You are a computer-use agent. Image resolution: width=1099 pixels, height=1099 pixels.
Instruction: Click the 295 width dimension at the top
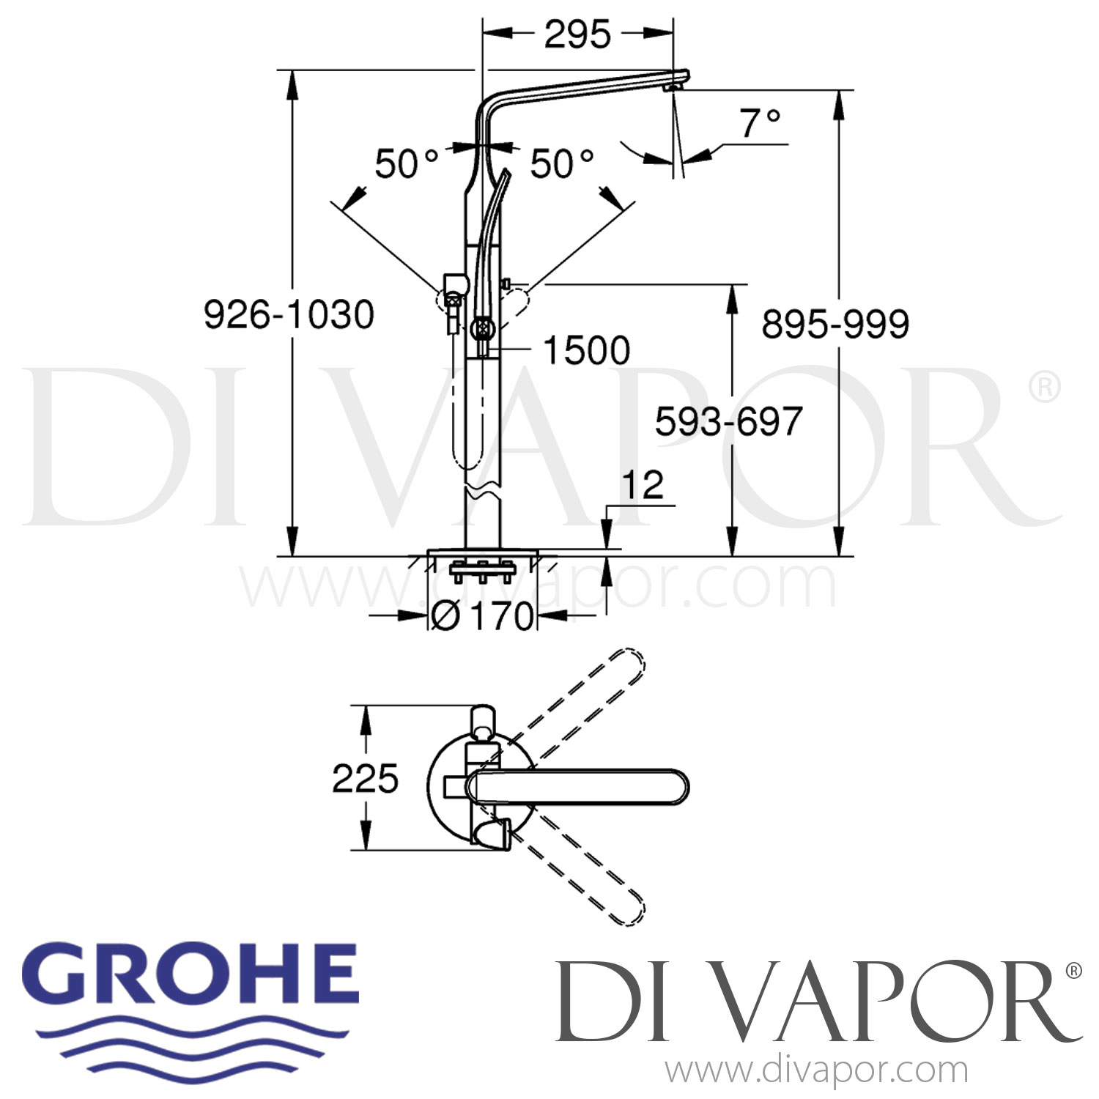tap(577, 34)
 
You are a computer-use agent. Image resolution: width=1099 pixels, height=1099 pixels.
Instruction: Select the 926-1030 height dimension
tap(289, 315)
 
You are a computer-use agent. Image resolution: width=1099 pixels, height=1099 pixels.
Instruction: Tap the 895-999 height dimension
tap(835, 323)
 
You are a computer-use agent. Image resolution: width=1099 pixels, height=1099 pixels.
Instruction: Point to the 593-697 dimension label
tap(728, 421)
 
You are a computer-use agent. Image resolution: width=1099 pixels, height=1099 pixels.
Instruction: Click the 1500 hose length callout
tap(586, 350)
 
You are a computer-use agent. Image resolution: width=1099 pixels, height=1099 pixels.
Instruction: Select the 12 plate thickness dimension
tap(643, 485)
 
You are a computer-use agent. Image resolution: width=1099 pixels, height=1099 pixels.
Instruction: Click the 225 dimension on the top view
tap(365, 778)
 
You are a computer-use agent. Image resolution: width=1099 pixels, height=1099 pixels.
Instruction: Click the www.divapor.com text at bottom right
tap(817, 1071)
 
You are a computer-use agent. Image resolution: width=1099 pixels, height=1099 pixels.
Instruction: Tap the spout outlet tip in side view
tap(672, 86)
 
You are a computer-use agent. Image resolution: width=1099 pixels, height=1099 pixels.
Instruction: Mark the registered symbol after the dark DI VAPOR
tap(1072, 971)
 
